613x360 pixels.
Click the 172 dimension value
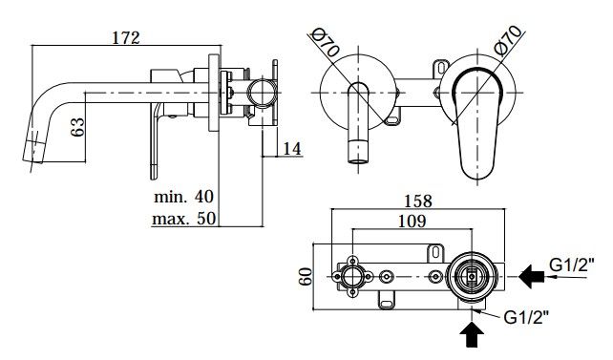(x=126, y=38)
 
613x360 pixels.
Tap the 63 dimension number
(x=77, y=127)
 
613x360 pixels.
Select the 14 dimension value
(x=292, y=149)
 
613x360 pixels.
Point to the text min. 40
(x=183, y=196)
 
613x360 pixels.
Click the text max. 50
(x=183, y=218)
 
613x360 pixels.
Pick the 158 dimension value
(x=418, y=201)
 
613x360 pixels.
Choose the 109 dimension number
(x=412, y=222)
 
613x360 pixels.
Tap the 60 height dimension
(x=306, y=276)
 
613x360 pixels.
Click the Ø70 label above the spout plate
(x=326, y=44)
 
